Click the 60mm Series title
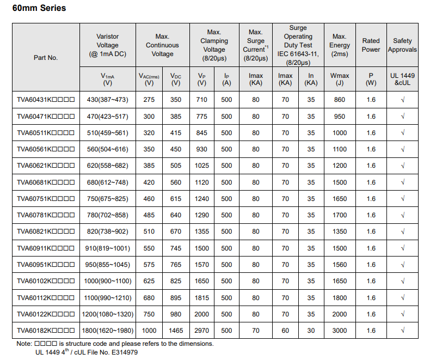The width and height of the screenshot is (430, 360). tap(39, 8)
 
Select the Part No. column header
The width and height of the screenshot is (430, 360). tap(46, 57)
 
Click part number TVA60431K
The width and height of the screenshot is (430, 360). tap(46, 100)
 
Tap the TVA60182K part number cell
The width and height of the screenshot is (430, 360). tap(46, 331)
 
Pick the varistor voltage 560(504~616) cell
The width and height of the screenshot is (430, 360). tap(107, 149)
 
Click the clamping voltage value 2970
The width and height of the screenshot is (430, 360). tap(202, 331)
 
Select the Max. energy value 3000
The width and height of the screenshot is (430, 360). tap(340, 331)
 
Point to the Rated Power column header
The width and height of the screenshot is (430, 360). tap(371, 45)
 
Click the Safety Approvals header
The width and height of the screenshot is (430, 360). tap(402, 45)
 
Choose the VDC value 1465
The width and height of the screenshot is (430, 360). tap(176, 331)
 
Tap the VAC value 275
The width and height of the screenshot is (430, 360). tap(149, 100)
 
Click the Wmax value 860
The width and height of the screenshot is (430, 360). tap(340, 100)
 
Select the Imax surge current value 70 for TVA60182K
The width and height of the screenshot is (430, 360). tap(256, 331)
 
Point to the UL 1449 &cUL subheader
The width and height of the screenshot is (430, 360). tap(402, 79)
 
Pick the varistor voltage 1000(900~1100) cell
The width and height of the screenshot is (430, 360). tap(107, 281)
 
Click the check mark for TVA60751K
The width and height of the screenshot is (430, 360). tap(402, 199)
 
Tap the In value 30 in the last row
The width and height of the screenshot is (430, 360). tap(311, 331)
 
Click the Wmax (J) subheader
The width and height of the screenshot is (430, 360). tap(340, 79)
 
